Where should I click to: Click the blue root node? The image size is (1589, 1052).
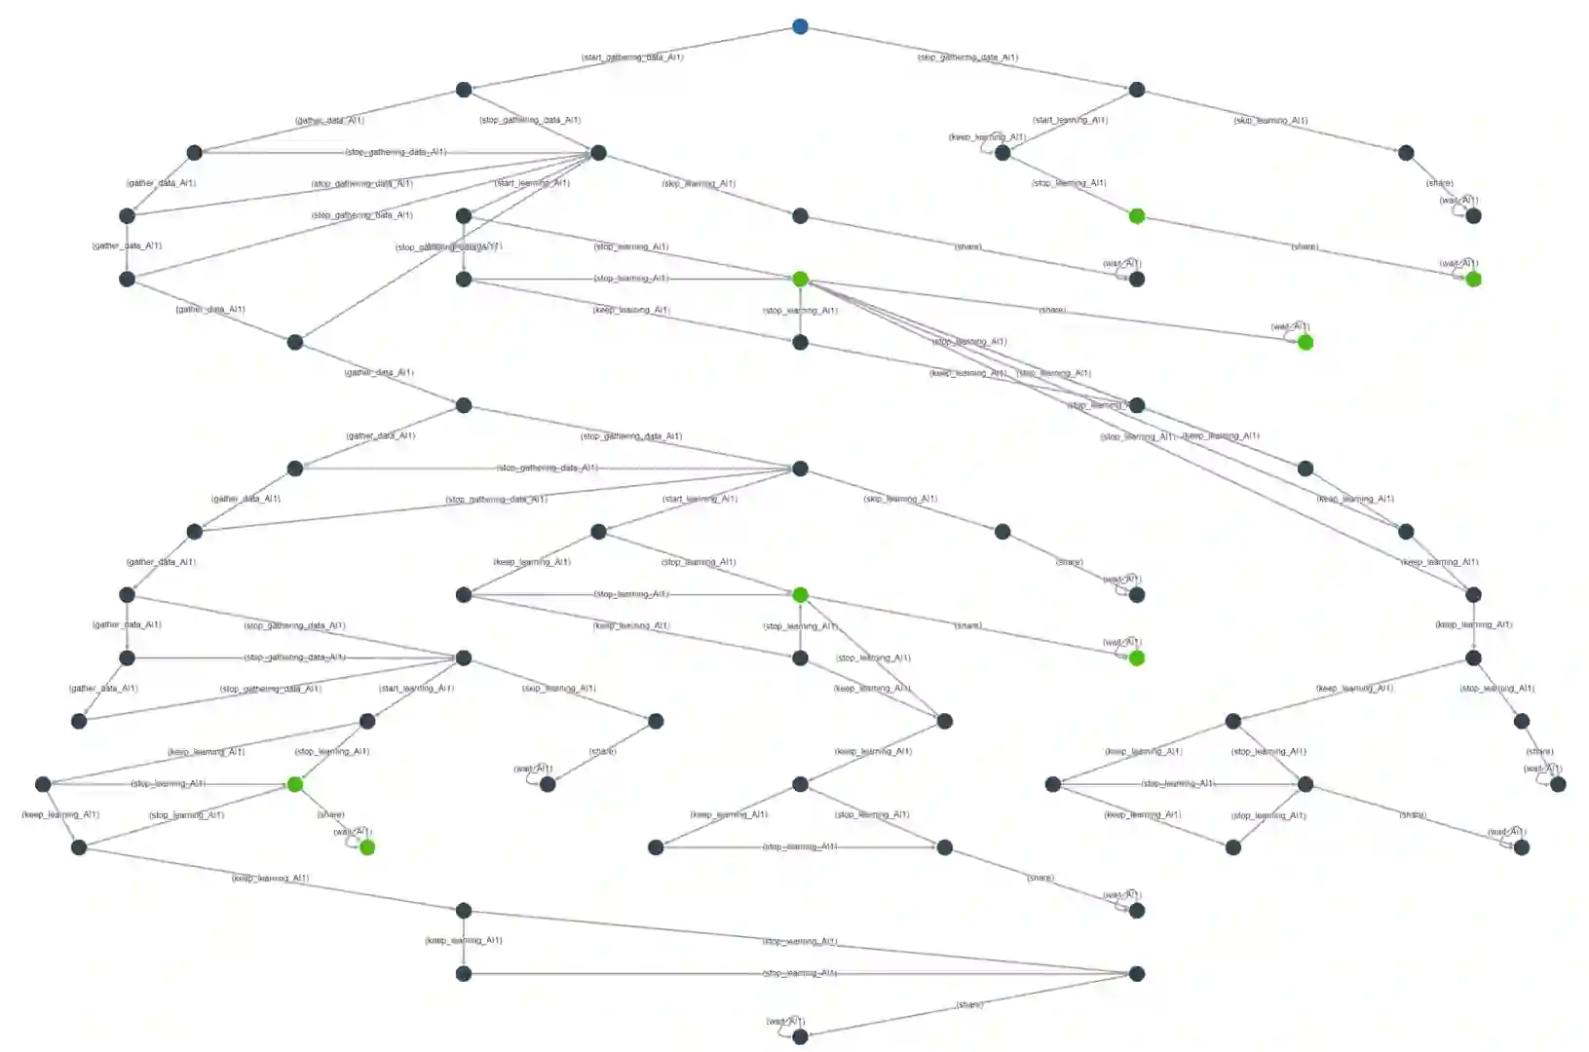click(800, 26)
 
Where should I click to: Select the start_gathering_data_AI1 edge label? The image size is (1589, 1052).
click(632, 57)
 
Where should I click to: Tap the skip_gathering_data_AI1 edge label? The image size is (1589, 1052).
click(967, 57)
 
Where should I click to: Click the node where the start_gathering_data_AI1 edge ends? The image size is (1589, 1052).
click(464, 90)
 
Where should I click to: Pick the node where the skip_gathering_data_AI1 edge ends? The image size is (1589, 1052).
click(1137, 90)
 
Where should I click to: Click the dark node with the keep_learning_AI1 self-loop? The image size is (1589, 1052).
click(1003, 153)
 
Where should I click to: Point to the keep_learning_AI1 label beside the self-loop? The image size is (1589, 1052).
click(987, 137)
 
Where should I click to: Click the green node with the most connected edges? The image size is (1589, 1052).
click(800, 280)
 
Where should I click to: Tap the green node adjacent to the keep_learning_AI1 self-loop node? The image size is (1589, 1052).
click(1137, 216)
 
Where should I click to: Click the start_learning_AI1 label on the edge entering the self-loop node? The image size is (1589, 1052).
click(1070, 121)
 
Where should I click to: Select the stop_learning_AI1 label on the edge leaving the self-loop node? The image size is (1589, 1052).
click(1069, 183)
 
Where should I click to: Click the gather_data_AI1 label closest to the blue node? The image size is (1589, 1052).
click(329, 121)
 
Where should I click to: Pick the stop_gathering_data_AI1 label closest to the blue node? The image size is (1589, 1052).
click(530, 121)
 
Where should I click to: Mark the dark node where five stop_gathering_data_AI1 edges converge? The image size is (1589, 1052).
click(598, 153)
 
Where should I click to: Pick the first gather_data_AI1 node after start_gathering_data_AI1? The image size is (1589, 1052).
click(194, 153)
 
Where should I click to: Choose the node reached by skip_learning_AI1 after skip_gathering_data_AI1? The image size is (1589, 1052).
click(1406, 153)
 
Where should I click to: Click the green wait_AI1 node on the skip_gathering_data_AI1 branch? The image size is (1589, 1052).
click(1473, 280)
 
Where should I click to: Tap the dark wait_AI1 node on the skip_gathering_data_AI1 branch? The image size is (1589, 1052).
click(1473, 216)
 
